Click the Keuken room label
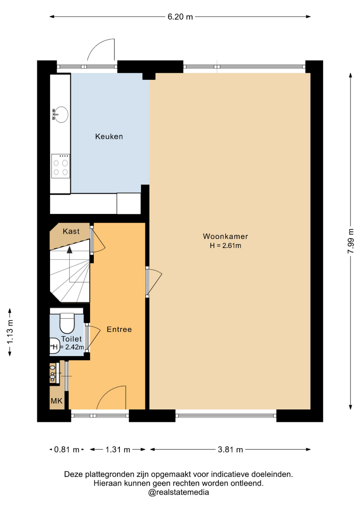109,136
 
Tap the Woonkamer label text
225,237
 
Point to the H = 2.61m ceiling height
225,246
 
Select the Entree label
119,330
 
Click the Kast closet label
71,231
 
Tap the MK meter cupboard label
57,401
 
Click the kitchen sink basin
60,114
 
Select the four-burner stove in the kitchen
61,166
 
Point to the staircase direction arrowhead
69,249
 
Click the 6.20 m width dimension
180,17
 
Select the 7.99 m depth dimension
351,241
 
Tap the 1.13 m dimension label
10,332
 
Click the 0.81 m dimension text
67,450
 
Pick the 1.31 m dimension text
117,450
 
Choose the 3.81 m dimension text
230,450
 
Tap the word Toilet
71,339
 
